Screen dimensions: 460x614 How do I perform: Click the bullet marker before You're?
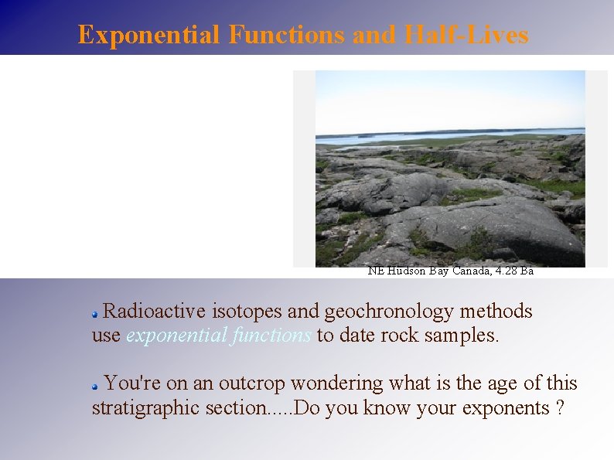95,385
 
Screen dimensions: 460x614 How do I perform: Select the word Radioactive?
153,312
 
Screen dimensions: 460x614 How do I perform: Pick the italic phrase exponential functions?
219,336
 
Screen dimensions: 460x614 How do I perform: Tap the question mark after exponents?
560,408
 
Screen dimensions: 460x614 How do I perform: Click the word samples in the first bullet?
461,336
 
